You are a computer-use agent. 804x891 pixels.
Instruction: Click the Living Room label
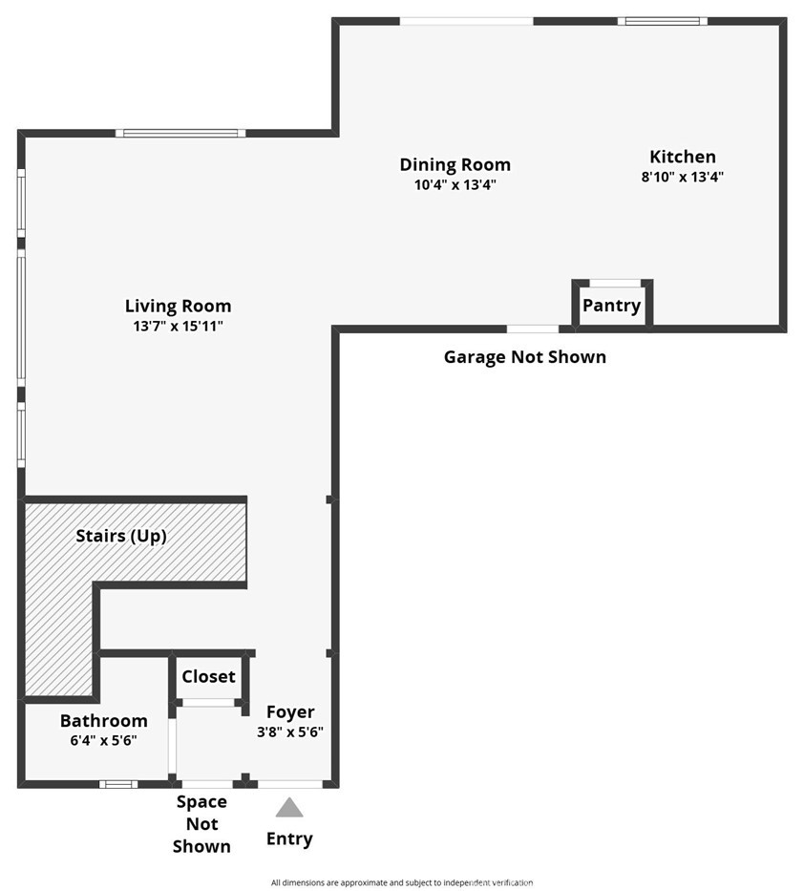(178, 307)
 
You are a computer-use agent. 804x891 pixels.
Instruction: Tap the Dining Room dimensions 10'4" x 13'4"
(455, 184)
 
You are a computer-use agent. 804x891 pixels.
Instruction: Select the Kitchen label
(682, 158)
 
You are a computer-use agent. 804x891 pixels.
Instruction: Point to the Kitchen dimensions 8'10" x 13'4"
(682, 177)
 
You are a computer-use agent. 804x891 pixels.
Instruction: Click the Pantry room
(612, 307)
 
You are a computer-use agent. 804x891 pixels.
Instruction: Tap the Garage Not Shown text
(524, 357)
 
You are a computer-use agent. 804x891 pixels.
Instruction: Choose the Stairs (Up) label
(121, 537)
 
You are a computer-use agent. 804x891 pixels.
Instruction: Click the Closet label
(208, 677)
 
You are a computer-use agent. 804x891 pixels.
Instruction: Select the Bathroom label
(103, 721)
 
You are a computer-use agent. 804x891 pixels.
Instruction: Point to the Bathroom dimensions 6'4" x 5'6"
(103, 740)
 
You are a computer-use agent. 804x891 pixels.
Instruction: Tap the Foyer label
(290, 712)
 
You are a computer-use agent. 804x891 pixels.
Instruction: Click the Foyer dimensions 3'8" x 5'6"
(290, 732)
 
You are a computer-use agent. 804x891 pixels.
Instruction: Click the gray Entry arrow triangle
(289, 809)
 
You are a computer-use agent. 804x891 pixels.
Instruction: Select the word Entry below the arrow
(289, 839)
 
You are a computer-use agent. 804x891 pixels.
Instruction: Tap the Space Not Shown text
(201, 824)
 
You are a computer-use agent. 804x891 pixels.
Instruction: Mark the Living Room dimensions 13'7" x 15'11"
(178, 326)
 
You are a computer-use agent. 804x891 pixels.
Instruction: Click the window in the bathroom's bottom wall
(118, 784)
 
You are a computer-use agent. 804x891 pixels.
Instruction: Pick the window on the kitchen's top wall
(662, 21)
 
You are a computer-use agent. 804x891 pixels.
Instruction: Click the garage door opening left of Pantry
(532, 329)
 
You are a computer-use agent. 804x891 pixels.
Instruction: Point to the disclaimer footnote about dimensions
(401, 882)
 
